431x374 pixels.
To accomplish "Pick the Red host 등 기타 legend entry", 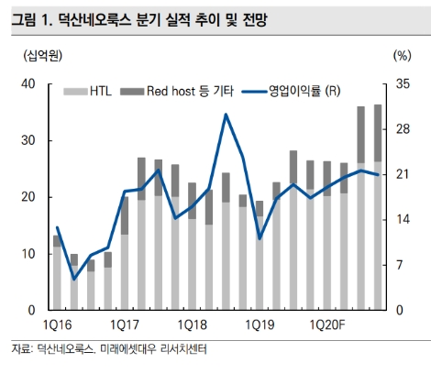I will click(183, 91).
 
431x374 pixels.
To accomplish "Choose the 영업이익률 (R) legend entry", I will click(293, 91).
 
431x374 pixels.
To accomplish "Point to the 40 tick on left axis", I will click(28, 84).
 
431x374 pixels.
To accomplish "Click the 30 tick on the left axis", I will click(28, 141).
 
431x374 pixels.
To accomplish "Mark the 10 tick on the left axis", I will click(28, 254).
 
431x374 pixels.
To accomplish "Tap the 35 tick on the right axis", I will click(403, 84).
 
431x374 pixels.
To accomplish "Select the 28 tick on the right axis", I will click(403, 129).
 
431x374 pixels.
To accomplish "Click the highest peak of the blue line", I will click(226, 115).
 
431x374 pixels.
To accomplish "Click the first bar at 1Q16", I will click(57, 275).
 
